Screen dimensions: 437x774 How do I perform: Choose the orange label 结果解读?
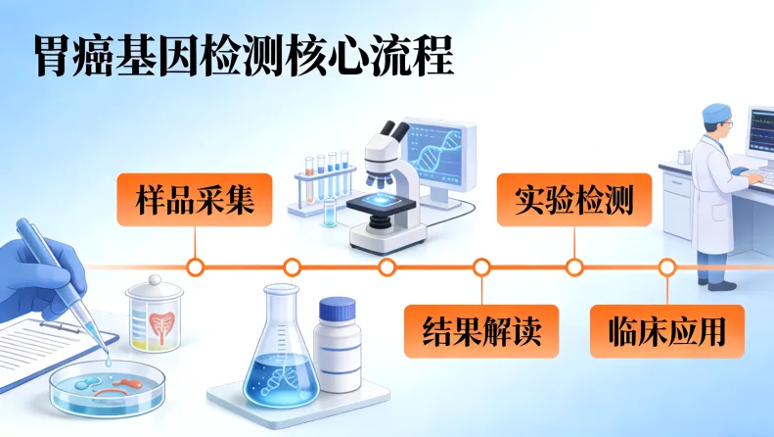tap(480, 331)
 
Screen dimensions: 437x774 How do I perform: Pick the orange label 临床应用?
tap(666, 331)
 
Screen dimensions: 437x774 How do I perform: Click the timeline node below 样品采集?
tap(195, 267)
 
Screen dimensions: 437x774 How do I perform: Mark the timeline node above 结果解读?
tap(481, 267)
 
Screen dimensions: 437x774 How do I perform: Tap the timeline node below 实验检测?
tap(575, 267)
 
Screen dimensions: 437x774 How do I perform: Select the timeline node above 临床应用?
tap(666, 267)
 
